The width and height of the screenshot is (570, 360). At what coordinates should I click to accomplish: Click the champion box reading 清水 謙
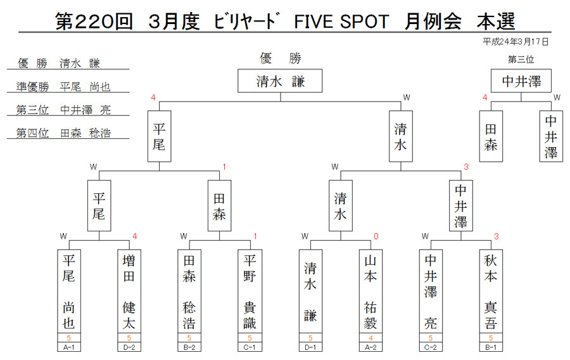click(280, 80)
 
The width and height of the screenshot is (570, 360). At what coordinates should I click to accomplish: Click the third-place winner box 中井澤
click(521, 80)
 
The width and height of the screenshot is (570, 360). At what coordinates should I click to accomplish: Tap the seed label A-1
click(68, 347)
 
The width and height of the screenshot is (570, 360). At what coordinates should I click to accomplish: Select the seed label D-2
click(129, 347)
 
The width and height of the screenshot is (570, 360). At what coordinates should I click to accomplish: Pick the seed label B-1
click(491, 347)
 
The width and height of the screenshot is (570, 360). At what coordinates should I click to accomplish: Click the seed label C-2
click(431, 347)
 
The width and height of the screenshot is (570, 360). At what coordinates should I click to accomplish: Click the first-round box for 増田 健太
click(129, 292)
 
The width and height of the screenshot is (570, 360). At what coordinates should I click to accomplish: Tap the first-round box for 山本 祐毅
click(370, 292)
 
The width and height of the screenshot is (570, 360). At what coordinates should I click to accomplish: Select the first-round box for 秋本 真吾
click(491, 292)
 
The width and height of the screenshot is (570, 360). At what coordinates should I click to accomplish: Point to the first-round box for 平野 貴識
click(250, 292)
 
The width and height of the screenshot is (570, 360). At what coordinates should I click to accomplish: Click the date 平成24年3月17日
click(516, 42)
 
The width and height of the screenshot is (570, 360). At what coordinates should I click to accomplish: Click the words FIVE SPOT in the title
click(341, 22)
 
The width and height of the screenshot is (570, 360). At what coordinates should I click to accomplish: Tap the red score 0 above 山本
click(376, 236)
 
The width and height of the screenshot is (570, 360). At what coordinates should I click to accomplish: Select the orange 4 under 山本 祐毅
click(370, 338)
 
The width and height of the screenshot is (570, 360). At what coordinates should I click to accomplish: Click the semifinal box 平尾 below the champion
click(159, 136)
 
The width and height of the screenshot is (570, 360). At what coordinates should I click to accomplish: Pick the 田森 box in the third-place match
click(491, 136)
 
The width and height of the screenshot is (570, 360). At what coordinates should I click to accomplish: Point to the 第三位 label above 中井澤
click(521, 60)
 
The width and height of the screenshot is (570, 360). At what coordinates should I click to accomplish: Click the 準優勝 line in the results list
click(63, 87)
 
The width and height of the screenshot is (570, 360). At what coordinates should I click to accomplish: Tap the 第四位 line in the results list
click(63, 132)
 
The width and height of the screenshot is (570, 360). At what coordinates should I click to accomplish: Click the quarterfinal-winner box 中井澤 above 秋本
click(460, 206)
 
